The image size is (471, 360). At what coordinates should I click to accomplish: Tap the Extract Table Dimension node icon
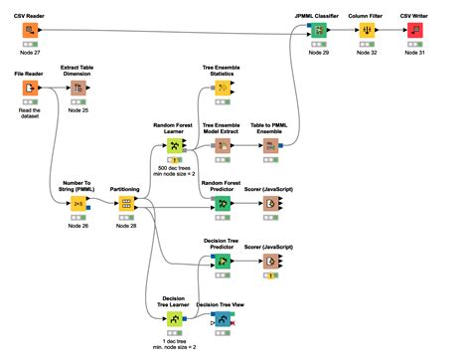(x=77, y=89)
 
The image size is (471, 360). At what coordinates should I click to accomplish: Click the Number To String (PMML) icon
(x=77, y=203)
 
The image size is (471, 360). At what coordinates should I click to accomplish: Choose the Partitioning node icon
(x=125, y=203)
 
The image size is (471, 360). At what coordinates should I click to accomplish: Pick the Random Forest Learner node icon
(x=174, y=144)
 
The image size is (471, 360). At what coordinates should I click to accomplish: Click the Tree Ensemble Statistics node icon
(x=224, y=89)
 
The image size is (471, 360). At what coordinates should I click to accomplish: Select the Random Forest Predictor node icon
(x=224, y=203)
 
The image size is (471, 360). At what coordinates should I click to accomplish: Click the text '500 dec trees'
(x=174, y=169)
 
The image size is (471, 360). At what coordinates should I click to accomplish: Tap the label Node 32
(x=368, y=54)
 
